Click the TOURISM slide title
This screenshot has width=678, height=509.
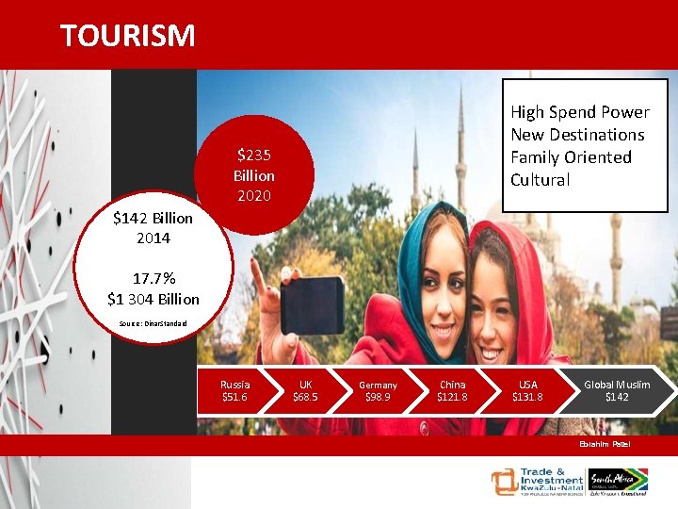click(x=128, y=36)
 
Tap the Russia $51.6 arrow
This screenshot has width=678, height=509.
click(x=234, y=390)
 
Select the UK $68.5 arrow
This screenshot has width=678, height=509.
click(x=305, y=390)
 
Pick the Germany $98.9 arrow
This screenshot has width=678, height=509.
click(x=378, y=390)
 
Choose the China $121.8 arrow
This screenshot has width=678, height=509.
click(x=452, y=390)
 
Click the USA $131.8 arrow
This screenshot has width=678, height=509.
click(x=527, y=390)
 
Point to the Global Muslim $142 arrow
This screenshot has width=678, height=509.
click(x=616, y=390)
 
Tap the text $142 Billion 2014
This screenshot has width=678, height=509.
click(x=153, y=228)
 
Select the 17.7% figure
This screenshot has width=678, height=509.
click(x=153, y=280)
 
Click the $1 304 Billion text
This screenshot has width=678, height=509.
click(x=153, y=299)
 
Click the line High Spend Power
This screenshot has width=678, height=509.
click(x=579, y=112)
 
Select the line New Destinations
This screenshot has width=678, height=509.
click(x=577, y=135)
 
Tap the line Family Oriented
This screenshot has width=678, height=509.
click(x=571, y=157)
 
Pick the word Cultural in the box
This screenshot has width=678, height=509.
click(x=540, y=180)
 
